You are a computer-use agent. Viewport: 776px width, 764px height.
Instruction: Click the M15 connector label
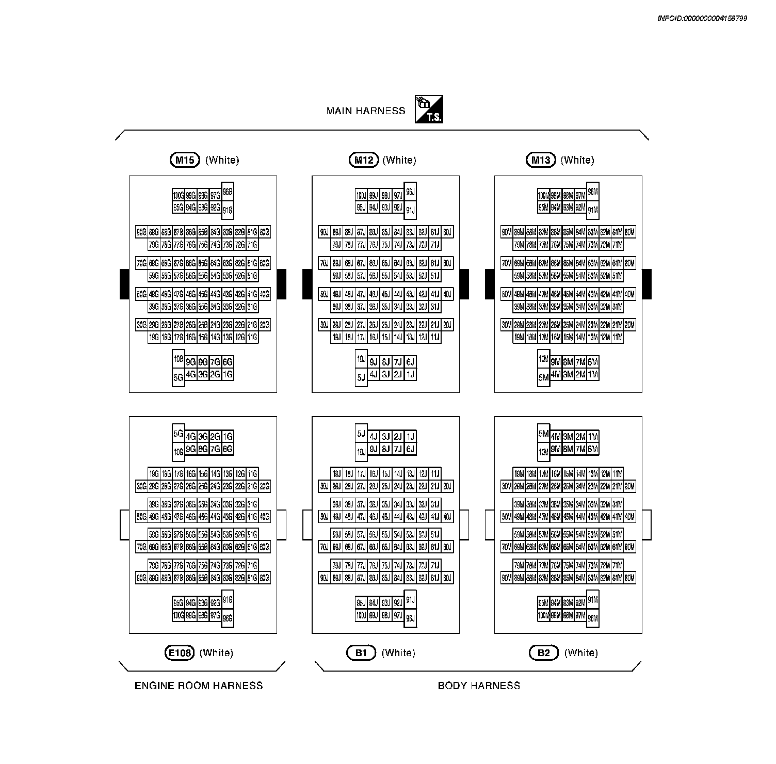coord(184,160)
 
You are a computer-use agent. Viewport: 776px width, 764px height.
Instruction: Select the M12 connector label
coord(364,160)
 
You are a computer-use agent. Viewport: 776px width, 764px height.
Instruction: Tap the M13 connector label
coord(541,160)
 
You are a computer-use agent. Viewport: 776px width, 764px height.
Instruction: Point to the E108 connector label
coord(179,653)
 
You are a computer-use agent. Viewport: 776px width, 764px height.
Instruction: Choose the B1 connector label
coord(361,653)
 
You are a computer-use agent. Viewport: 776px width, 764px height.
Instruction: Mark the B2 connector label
coord(544,653)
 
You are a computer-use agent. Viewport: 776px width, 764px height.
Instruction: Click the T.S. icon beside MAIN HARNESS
coord(429,109)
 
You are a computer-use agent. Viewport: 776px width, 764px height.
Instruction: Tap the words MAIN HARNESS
coord(366,111)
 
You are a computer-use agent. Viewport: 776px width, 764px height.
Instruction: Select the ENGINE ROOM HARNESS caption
coord(199,686)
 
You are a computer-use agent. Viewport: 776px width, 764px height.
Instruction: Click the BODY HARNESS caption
coord(479,686)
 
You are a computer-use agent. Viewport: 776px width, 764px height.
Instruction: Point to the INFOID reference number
coord(702,19)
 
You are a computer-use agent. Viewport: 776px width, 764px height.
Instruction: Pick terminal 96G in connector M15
coord(228,192)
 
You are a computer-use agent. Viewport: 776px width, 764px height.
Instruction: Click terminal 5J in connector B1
coord(361,434)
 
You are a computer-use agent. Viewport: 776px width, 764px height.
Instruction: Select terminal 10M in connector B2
coord(543,452)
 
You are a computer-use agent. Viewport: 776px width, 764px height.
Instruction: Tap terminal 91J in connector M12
coord(410,210)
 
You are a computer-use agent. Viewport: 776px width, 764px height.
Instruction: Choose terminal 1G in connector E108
coord(228,437)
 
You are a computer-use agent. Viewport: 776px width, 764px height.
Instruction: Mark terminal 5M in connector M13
coord(543,377)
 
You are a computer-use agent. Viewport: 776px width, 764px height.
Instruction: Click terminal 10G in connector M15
coord(179,359)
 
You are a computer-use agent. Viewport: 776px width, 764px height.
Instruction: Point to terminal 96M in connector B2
coord(593,618)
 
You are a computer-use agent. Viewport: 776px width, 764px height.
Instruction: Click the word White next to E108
coord(216,653)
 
